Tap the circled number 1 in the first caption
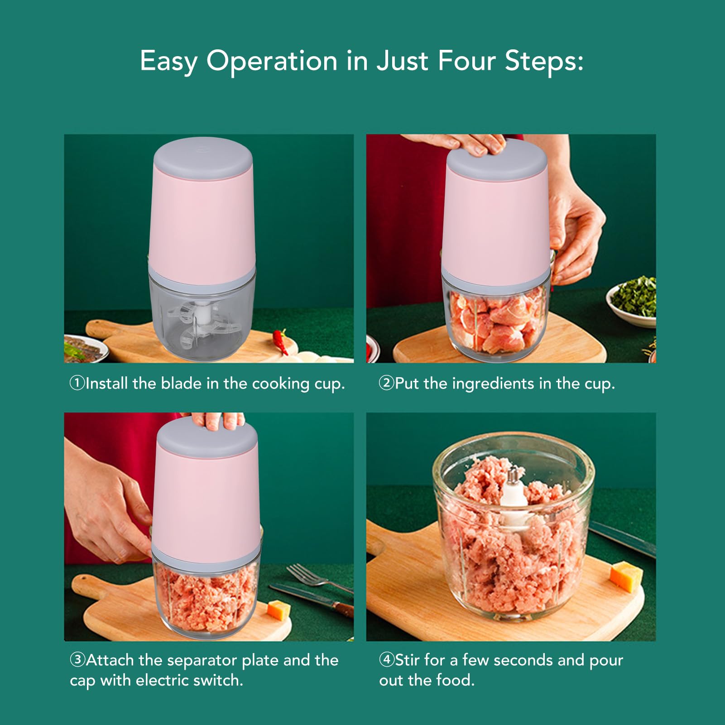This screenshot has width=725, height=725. (77, 383)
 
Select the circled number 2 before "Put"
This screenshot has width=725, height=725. (386, 383)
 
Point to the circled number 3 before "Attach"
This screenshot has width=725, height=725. (77, 659)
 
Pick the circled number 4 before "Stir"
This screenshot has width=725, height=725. (387, 659)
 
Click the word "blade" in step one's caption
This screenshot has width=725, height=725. (181, 384)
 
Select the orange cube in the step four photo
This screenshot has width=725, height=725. (626, 576)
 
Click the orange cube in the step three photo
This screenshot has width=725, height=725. (278, 609)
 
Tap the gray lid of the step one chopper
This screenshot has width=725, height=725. (203, 158)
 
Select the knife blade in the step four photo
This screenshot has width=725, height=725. (623, 539)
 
